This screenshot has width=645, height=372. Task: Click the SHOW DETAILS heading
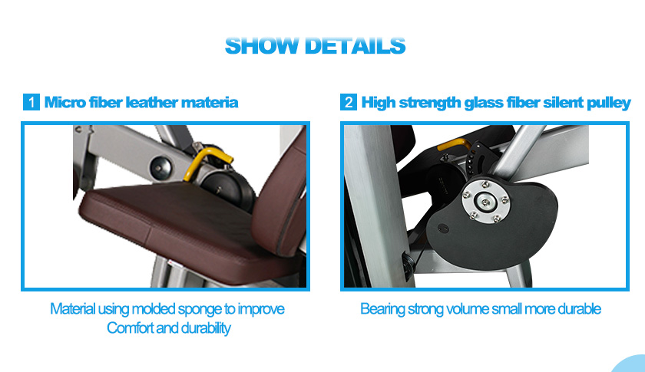tap(315, 45)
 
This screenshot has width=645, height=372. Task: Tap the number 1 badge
tap(31, 102)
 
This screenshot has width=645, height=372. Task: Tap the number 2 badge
tap(349, 102)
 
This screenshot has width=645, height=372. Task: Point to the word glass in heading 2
tap(483, 103)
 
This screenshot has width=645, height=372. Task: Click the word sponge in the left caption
tap(200, 309)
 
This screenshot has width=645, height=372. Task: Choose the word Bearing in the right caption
tap(382, 309)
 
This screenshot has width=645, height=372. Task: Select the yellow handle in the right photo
tap(454, 145)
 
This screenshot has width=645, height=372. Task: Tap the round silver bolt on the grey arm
tap(160, 167)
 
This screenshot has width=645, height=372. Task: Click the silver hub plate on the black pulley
tap(486, 202)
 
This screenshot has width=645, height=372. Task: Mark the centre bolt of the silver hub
tap(486, 202)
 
